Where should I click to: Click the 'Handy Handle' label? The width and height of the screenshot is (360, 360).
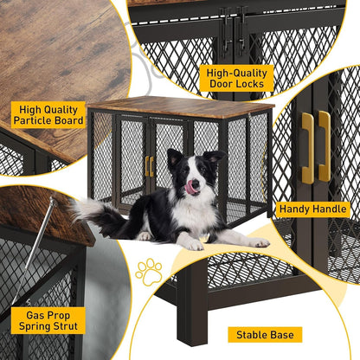tap(312, 209)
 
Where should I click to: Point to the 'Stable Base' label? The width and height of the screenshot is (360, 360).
tap(265, 334)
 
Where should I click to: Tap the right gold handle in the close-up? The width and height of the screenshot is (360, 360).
tap(324, 146)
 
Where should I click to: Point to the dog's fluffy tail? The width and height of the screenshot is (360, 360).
tap(91, 213)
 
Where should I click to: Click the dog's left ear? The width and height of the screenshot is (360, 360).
tap(173, 157)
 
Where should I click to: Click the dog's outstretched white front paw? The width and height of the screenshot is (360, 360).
tap(257, 242)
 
